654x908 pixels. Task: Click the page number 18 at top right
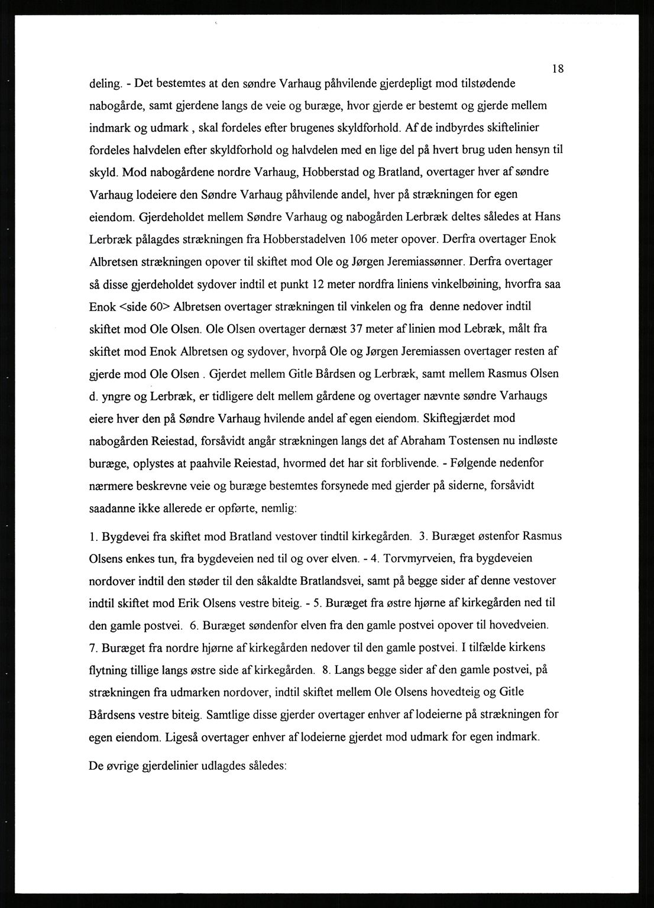(558, 69)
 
